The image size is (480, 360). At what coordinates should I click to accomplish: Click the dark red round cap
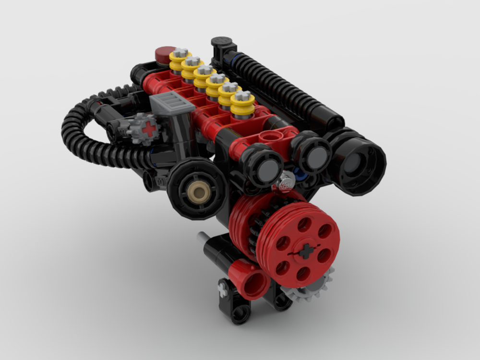pyautogui.click(x=166, y=53)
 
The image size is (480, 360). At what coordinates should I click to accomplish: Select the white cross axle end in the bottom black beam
pyautogui.click(x=223, y=288)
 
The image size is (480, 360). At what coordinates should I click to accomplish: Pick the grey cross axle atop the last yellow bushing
pyautogui.click(x=243, y=95)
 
